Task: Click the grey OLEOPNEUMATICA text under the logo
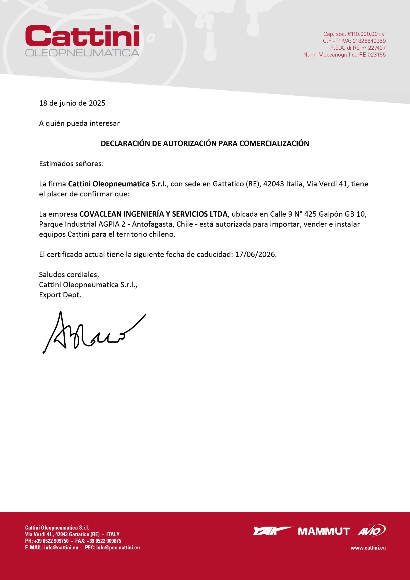(82, 53)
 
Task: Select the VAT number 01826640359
(369, 41)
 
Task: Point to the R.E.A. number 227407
(377, 48)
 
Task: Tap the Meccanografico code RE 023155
(372, 55)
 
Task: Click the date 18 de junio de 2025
(72, 103)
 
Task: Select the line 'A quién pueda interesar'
(79, 123)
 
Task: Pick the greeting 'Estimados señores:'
(71, 164)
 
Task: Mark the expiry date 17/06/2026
(255, 254)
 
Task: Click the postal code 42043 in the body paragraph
(274, 184)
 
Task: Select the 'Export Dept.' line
(60, 295)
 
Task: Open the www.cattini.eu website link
(368, 548)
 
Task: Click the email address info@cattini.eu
(61, 547)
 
